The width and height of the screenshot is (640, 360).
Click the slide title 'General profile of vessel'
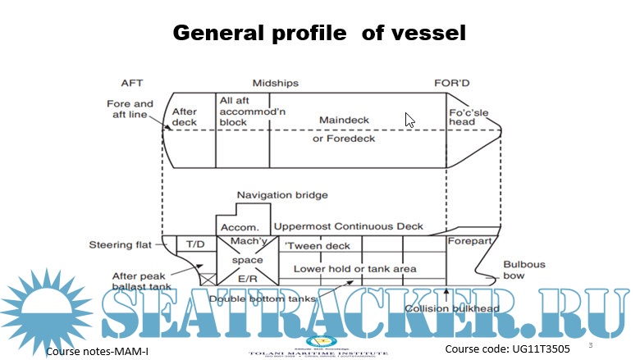coord(319,33)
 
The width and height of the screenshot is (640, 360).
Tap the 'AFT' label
coord(132,83)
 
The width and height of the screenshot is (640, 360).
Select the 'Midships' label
coord(275,83)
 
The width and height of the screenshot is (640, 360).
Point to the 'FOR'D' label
coord(451,83)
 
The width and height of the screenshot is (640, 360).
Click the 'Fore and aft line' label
coord(130,110)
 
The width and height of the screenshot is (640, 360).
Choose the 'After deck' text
coord(185,117)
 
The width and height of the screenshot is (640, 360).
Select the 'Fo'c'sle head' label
coord(465,116)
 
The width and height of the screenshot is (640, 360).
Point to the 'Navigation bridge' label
coord(282,195)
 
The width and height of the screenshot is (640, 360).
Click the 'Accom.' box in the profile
coord(236,226)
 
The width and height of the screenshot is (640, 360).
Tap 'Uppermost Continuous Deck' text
coord(349,226)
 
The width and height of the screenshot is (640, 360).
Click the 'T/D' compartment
coord(195,244)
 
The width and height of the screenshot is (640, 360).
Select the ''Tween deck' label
coord(317,245)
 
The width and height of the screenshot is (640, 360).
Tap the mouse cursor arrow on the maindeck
coord(409,119)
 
